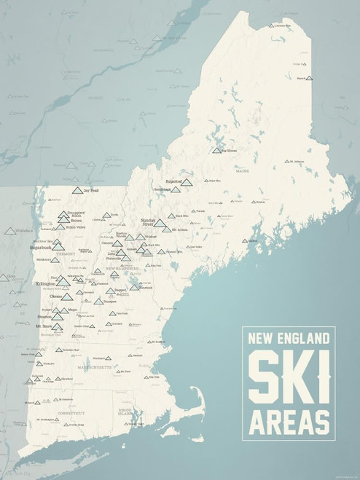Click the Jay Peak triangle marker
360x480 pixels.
click(78, 190)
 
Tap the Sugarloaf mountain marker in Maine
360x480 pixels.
click(187, 183)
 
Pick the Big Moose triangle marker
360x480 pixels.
click(216, 150)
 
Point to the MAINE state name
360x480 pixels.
click(242, 173)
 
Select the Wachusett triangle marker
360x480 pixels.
click(109, 358)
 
